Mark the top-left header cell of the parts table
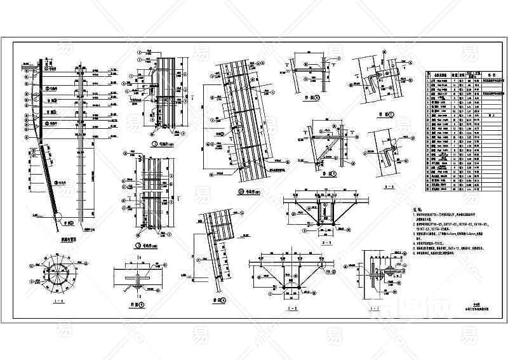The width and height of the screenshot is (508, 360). [x=428, y=74]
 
